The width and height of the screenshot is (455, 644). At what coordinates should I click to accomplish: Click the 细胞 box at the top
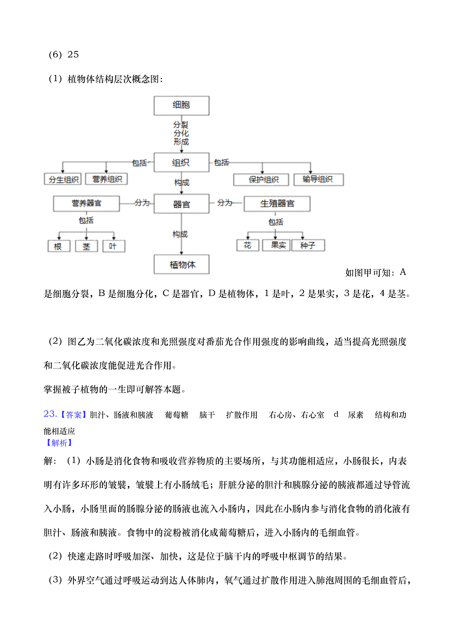182,106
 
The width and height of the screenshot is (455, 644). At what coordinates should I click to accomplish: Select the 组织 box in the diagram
182,162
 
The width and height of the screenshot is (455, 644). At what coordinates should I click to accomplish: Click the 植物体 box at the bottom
182,264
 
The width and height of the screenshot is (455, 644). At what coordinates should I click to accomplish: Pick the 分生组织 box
63,179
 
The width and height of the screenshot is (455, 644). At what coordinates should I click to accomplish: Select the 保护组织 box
261,180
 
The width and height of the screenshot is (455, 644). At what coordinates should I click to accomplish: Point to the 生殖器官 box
277,204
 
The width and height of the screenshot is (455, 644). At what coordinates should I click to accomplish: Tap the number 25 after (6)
73,54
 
